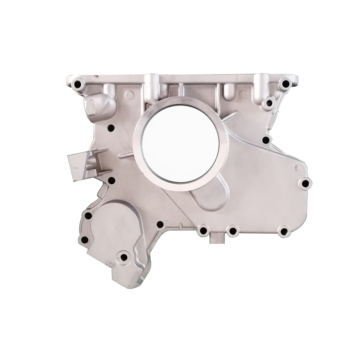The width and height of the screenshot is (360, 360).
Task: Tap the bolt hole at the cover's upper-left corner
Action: click(x=77, y=85)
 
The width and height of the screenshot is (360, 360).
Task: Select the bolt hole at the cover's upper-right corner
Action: click(x=285, y=84)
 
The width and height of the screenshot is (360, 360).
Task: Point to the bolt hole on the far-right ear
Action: click(x=305, y=184)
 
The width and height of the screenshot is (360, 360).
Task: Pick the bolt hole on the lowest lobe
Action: click(x=124, y=257)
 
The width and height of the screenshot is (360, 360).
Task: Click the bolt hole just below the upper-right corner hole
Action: click(x=269, y=104)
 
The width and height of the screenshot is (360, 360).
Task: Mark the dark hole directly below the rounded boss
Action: click(x=111, y=127)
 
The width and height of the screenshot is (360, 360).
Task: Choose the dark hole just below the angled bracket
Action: click(x=112, y=180)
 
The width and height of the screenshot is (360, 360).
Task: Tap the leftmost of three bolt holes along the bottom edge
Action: click(x=203, y=230)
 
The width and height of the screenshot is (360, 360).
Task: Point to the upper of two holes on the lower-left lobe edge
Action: click(x=88, y=216)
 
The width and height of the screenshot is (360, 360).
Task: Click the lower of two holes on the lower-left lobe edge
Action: click(x=85, y=240)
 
